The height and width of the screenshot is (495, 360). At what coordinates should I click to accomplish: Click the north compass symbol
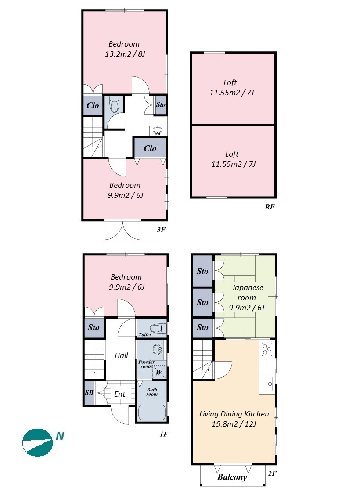[x=37, y=442]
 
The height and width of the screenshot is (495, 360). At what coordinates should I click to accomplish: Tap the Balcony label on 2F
[x=232, y=477]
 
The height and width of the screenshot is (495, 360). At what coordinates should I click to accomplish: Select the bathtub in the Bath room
[x=152, y=412]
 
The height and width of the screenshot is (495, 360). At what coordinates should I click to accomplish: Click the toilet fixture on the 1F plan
[x=158, y=328]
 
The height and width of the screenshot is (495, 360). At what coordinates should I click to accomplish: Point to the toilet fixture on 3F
[x=114, y=104]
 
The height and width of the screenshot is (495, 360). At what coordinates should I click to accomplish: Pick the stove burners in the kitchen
[x=267, y=349]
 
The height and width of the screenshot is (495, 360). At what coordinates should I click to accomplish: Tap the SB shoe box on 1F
[x=89, y=392]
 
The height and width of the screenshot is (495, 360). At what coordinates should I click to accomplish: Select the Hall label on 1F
[x=121, y=355]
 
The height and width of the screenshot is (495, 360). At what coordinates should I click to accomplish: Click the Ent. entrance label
[x=120, y=394]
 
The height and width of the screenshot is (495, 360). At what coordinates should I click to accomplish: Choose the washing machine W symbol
[x=159, y=372]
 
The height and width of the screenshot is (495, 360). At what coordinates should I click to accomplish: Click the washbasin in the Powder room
[x=157, y=349]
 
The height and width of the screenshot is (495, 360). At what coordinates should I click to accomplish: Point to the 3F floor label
[x=161, y=230]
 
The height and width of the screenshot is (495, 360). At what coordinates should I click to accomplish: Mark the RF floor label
[x=270, y=207]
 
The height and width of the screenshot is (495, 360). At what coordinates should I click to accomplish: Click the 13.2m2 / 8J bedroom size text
[x=125, y=54]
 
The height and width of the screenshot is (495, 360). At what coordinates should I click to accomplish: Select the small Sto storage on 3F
[x=160, y=104]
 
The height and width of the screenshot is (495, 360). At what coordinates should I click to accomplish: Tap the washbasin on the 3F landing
[x=157, y=130]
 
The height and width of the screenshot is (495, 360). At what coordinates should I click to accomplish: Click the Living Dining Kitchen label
[x=234, y=414]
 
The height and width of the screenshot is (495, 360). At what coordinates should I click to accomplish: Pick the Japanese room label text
[x=247, y=293]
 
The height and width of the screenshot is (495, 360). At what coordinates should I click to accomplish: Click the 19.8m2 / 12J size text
[x=234, y=424]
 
